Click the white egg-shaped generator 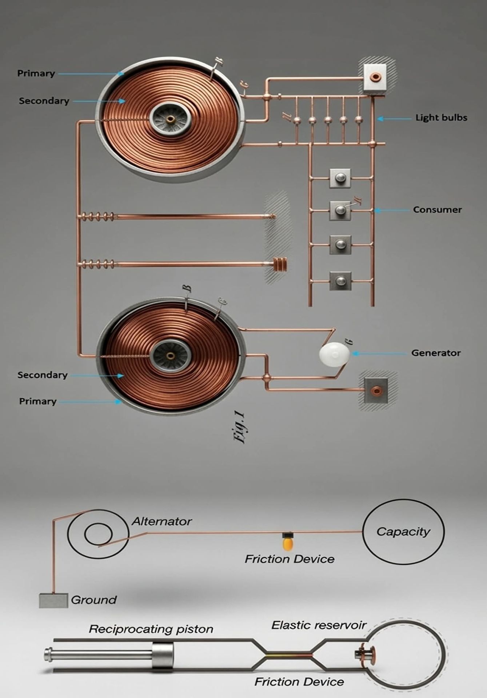coord(334,353)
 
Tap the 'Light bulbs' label coord(441,118)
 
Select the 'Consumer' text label coord(437,210)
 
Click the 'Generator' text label coord(436,353)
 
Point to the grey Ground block coord(53,600)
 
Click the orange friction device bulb coord(287,543)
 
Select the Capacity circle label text coord(403,531)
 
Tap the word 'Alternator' coord(161,521)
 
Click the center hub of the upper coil coord(170,119)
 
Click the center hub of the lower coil coord(170,355)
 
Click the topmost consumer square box coord(340,178)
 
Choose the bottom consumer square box coord(340,281)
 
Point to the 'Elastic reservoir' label coord(319,625)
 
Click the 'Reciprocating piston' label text coord(151,629)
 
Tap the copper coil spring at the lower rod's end coord(280,264)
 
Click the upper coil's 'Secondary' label coord(44,101)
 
